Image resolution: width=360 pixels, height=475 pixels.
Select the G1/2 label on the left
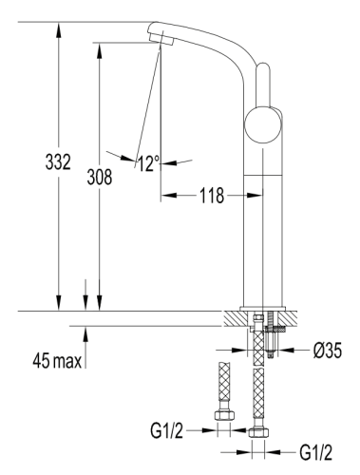[167, 429]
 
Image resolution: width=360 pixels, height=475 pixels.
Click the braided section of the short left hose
[225, 385]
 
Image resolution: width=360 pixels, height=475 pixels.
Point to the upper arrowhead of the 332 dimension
[59, 28]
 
